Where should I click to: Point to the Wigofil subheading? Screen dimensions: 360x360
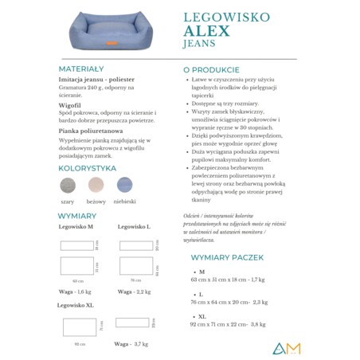(x=72, y=104)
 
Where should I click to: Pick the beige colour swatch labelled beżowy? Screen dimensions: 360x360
(x=96, y=186)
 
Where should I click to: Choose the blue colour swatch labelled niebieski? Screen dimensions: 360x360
(x=126, y=186)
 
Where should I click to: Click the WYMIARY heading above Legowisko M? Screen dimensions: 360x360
(x=77, y=216)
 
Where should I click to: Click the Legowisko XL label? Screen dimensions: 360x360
(x=76, y=305)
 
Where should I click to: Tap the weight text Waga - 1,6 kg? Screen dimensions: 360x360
(x=77, y=292)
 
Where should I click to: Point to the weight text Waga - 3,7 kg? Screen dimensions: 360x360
(x=131, y=343)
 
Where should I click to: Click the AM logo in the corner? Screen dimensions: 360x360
(x=285, y=347)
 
